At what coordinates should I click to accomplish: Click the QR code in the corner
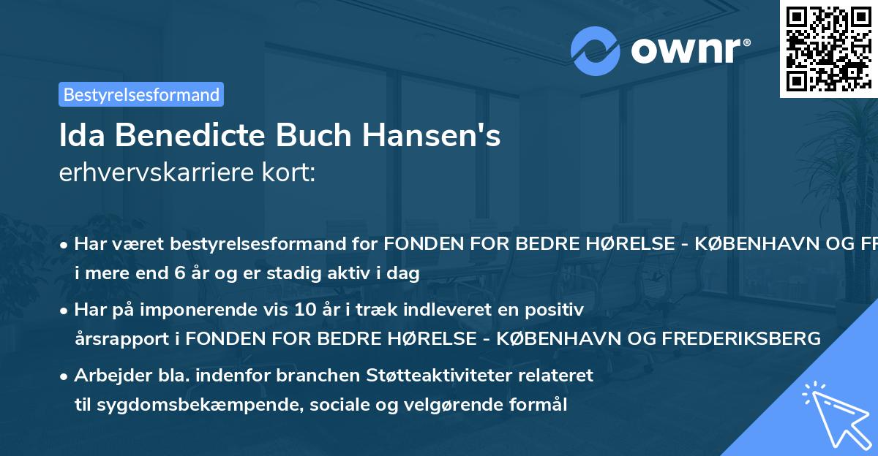pyautogui.click(x=828, y=48)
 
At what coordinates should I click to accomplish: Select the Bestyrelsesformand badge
pyautogui.click(x=141, y=94)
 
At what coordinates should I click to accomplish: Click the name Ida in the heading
pyautogui.click(x=80, y=137)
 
